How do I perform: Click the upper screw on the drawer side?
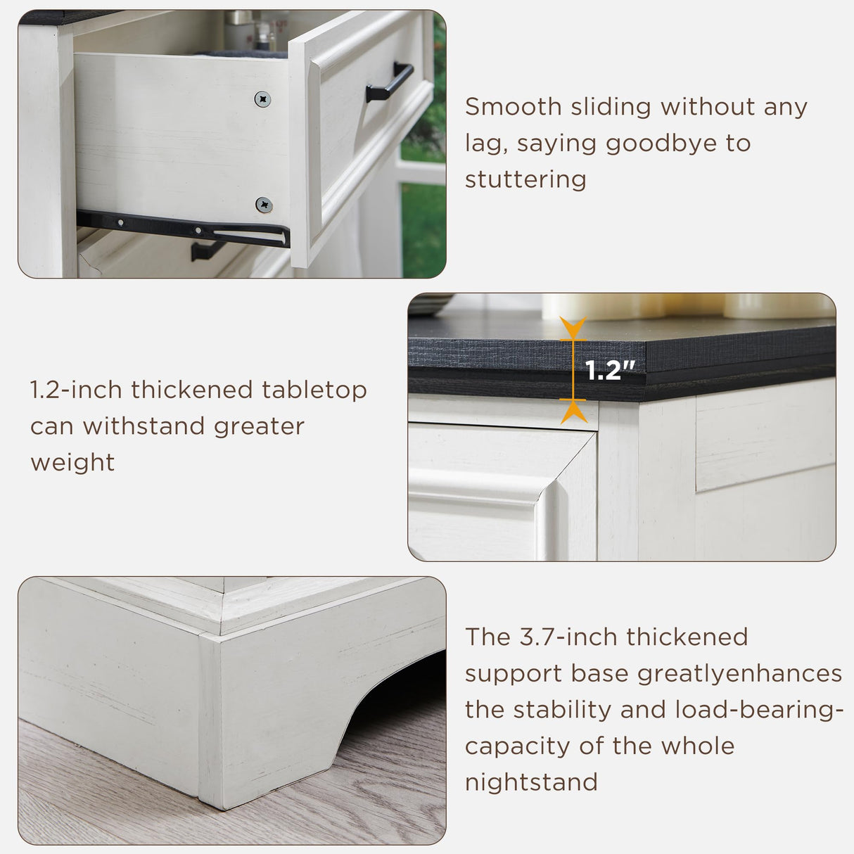[x=262, y=99]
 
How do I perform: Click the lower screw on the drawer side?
[x=264, y=205]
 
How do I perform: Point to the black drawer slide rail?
[x=183, y=229]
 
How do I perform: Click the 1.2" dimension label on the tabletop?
[x=609, y=370]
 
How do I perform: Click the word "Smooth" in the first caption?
[x=513, y=107]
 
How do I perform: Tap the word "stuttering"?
[x=525, y=179]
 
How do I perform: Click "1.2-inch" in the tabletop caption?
[x=75, y=390]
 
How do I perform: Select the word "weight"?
[x=72, y=463]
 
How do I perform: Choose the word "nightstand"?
[x=531, y=782]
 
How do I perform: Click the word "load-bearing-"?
[x=759, y=710]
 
